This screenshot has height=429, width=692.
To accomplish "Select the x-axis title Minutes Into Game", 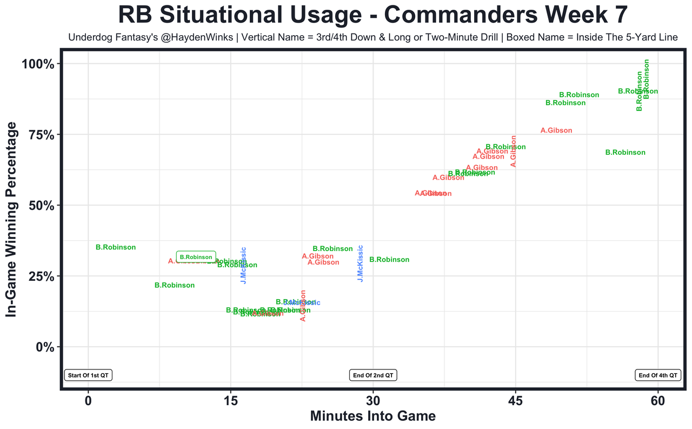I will pyautogui.click(x=372, y=416).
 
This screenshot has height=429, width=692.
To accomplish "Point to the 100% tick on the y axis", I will pyautogui.click(x=38, y=64).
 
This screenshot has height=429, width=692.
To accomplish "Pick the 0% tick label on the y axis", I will pyautogui.click(x=44, y=347).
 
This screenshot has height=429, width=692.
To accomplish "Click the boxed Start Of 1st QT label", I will pyautogui.click(x=88, y=375).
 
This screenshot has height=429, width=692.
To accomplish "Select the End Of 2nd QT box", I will pyautogui.click(x=373, y=375).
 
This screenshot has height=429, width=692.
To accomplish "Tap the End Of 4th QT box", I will pyautogui.click(x=658, y=375).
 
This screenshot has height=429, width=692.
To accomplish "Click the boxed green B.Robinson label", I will pyautogui.click(x=196, y=257).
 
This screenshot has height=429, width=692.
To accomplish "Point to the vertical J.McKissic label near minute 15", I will pyautogui.click(x=243, y=265).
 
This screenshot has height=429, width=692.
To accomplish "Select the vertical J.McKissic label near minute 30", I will pyautogui.click(x=360, y=263).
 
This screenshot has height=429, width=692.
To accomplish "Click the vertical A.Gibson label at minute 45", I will pyautogui.click(x=514, y=151).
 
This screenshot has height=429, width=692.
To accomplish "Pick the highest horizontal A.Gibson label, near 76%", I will pyautogui.click(x=556, y=130).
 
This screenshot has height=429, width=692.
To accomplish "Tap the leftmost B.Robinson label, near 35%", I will pyautogui.click(x=116, y=247).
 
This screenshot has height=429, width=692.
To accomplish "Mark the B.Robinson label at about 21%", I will pyautogui.click(x=175, y=285).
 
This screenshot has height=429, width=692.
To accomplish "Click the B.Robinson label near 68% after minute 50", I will pyautogui.click(x=625, y=153).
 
